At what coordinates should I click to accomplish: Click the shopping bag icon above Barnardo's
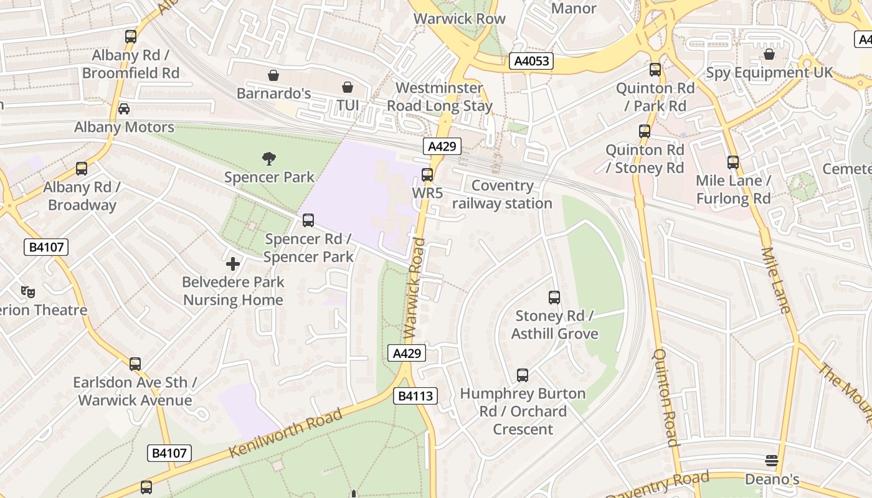pyautogui.click(x=273, y=75)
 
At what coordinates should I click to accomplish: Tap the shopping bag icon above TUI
pyautogui.click(x=348, y=87)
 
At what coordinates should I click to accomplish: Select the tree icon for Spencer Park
pyautogui.click(x=269, y=159)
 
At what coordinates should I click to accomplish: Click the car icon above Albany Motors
pyautogui.click(x=124, y=109)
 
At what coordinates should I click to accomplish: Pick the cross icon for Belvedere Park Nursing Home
pyautogui.click(x=233, y=264)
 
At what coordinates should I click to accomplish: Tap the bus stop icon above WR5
pyautogui.click(x=427, y=175)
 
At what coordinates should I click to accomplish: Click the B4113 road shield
pyautogui.click(x=415, y=396)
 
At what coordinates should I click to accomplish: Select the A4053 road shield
pyautogui.click(x=531, y=61)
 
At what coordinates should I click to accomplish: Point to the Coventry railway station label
pyautogui.click(x=502, y=195)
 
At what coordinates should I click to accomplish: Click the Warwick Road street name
pyautogui.click(x=415, y=289)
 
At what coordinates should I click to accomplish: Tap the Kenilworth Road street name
pyautogui.click(x=285, y=433)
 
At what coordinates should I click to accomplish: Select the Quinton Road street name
pyautogui.click(x=665, y=397)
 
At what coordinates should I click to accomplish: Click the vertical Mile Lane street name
pyautogui.click(x=775, y=280)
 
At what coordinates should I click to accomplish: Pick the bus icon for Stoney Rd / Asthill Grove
pyautogui.click(x=554, y=298)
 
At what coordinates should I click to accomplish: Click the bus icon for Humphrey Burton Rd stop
pyautogui.click(x=523, y=375)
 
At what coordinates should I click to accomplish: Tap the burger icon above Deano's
pyautogui.click(x=772, y=461)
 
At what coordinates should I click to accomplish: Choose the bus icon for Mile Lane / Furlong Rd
pyautogui.click(x=733, y=162)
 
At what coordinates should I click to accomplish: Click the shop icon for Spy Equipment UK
pyautogui.click(x=769, y=54)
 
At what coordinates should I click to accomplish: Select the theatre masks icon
pyautogui.click(x=27, y=291)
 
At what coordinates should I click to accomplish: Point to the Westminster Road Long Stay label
pyautogui.click(x=440, y=97)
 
